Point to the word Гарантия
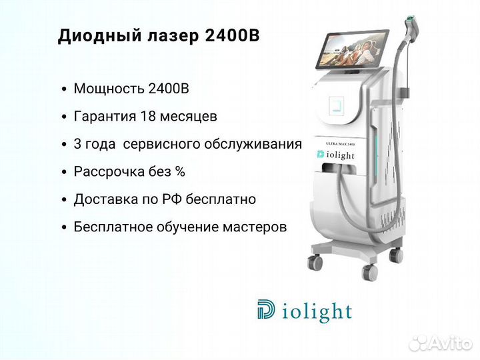click(105, 117)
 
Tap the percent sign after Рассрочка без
click(180, 172)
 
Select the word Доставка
click(105, 199)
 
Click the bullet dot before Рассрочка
click(64, 173)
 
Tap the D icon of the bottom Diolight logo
click(266, 309)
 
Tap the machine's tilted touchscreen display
click(352, 49)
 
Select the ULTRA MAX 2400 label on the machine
click(341, 143)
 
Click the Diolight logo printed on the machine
click(336, 155)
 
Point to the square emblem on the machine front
click(337, 106)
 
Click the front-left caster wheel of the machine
click(315, 263)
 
